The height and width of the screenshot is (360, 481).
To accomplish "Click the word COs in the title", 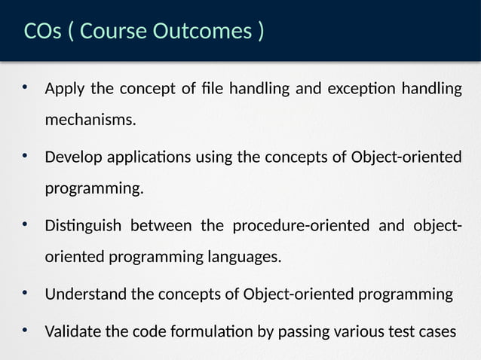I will click(x=42, y=32).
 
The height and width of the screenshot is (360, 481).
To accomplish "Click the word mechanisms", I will click(x=90, y=119).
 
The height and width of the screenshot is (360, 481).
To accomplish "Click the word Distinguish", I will click(x=82, y=227).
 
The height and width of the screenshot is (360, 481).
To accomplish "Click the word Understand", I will click(x=86, y=294).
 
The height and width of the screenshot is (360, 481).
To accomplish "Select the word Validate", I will click(x=73, y=332).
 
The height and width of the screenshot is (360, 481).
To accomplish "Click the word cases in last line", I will click(x=438, y=332).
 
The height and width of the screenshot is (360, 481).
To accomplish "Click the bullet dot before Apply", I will click(x=24, y=89).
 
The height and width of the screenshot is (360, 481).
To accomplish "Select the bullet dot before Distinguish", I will click(x=24, y=225).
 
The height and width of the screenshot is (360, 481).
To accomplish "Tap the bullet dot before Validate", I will click(x=24, y=331).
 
